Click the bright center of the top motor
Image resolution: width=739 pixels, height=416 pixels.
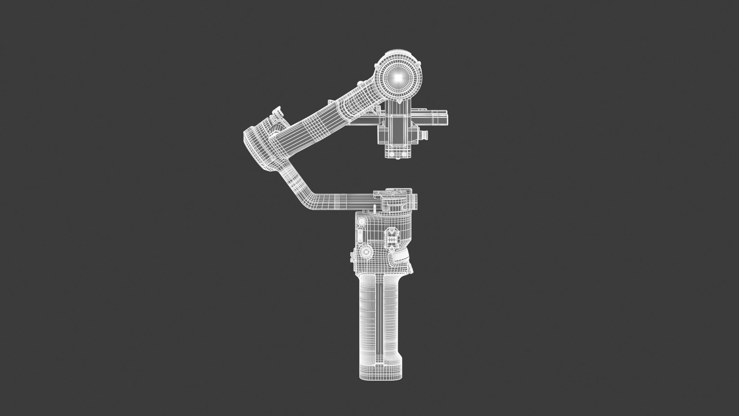[x=398, y=78]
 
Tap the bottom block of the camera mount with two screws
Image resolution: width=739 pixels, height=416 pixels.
[x=398, y=153]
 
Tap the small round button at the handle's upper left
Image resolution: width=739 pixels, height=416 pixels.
[x=361, y=221]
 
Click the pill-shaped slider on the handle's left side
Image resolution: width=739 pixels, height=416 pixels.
[x=360, y=234]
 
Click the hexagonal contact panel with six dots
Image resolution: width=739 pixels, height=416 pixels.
[x=393, y=237]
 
